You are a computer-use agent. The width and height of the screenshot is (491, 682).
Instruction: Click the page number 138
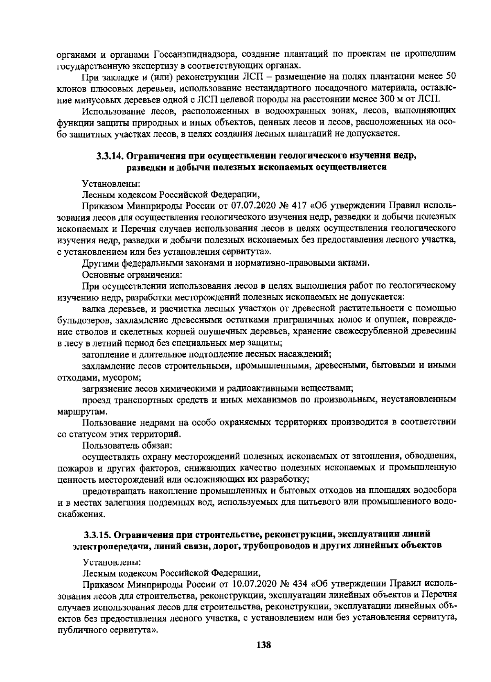tap(264, 645)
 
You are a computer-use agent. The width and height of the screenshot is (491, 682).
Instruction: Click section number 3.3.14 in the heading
tap(110, 156)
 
